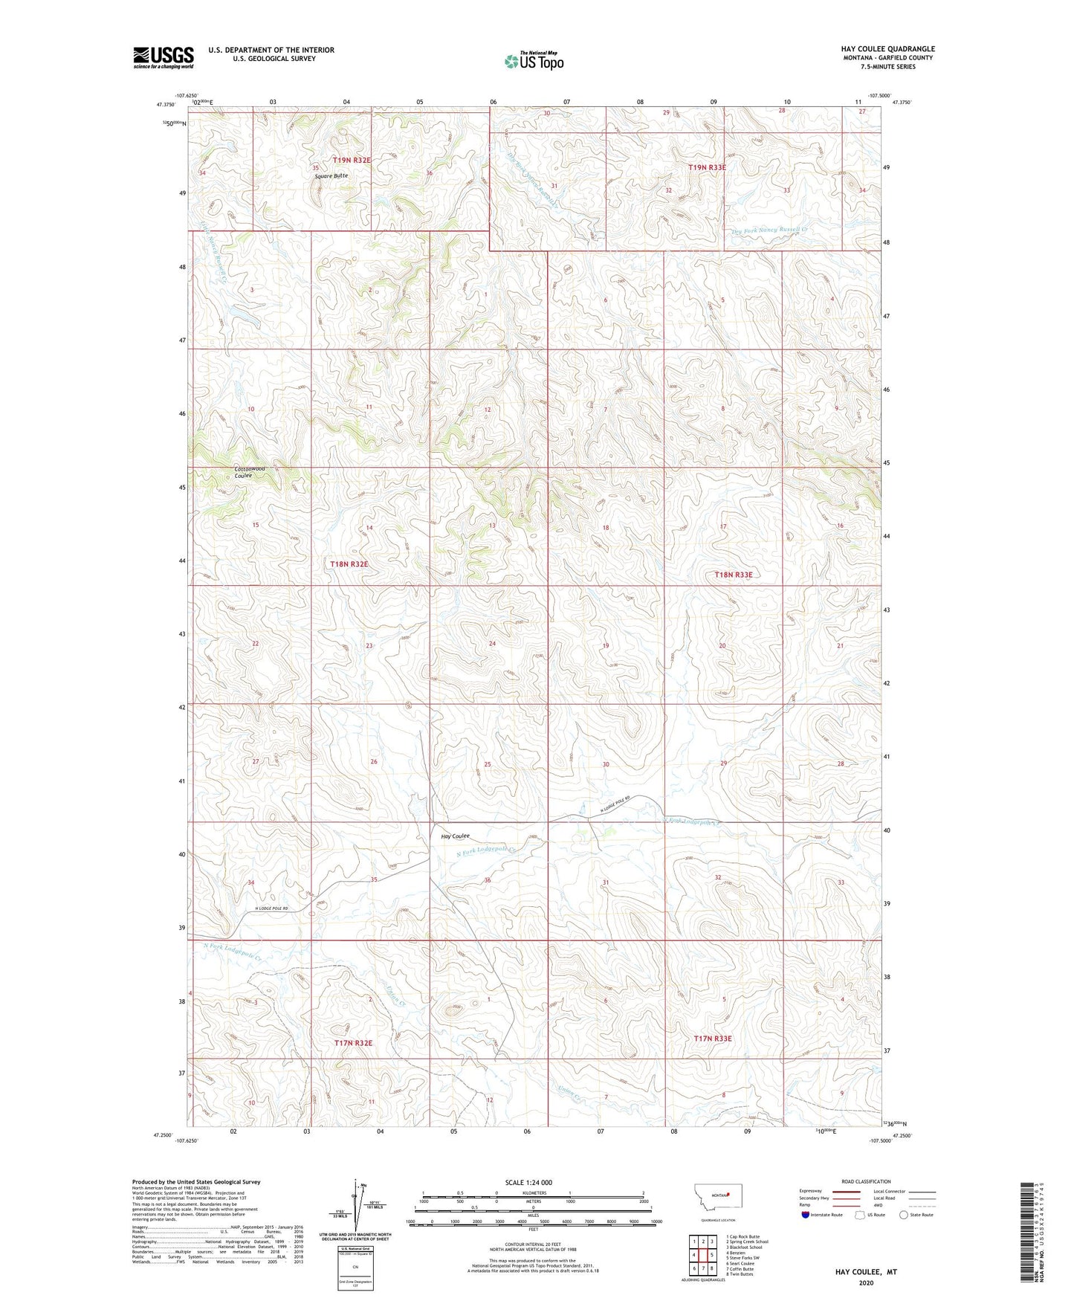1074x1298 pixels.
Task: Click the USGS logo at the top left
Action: pos(164,57)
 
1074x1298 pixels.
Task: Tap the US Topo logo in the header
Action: pos(534,61)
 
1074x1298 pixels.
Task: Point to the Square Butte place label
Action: pos(331,175)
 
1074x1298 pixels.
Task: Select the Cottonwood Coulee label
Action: pos(249,472)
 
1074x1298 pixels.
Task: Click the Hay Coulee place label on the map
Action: pos(456,836)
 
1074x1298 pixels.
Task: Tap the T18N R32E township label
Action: pos(349,564)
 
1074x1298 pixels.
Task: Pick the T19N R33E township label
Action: pos(707,168)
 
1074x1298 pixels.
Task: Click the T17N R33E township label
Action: pos(713,1039)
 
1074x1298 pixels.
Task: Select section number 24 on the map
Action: pos(492,644)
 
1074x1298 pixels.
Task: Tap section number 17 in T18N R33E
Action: pos(723,526)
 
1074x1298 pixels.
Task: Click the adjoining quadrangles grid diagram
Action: pos(703,1256)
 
